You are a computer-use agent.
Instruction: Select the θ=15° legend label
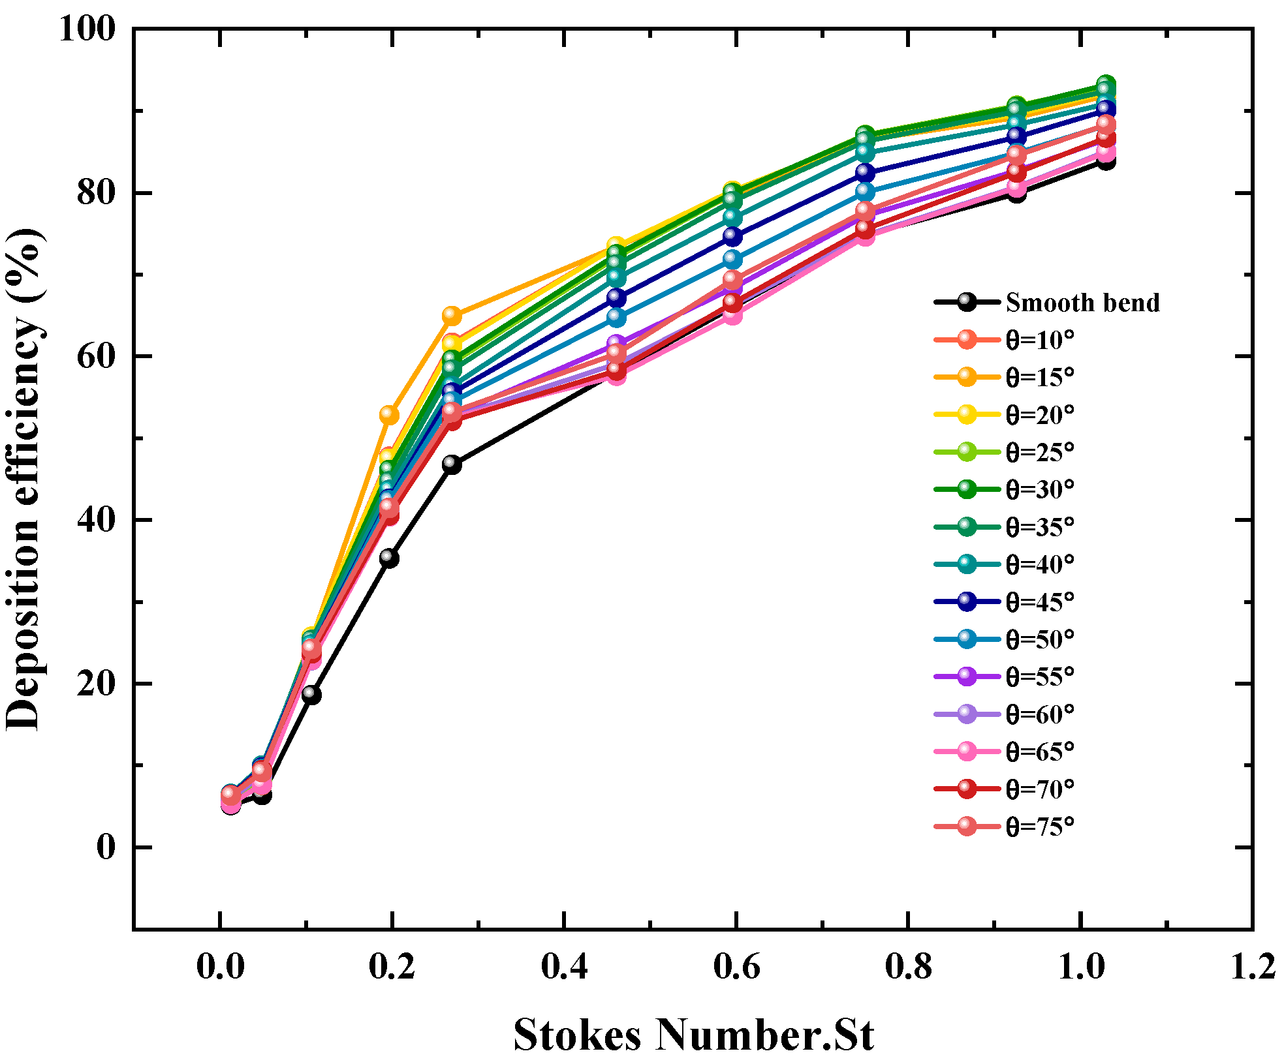coord(1040,377)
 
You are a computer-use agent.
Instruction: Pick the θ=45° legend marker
coord(967,601)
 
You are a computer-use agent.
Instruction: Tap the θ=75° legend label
coord(1040,827)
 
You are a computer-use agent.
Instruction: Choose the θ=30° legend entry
coord(1040,489)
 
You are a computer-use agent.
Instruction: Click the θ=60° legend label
coord(1040,714)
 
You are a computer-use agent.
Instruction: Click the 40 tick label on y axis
coord(96,520)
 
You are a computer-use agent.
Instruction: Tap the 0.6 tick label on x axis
coord(736,966)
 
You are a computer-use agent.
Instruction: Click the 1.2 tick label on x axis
coord(1252,966)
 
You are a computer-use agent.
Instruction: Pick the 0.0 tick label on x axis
coord(220,966)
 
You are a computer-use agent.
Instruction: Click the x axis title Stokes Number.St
coord(693,1035)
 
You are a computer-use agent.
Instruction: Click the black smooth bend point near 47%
coord(451,464)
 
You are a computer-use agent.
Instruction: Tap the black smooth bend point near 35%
coord(389,558)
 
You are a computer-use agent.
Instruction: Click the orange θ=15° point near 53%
coord(389,414)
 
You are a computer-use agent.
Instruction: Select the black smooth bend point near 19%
coord(311,694)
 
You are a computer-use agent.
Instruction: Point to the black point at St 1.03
coord(1105,160)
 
